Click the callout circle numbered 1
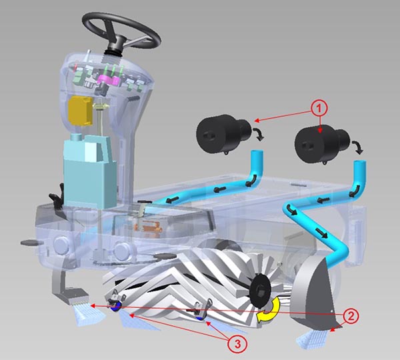(x=319, y=109)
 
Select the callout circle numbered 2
(x=351, y=317)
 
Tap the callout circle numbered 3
(x=237, y=344)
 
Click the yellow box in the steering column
(x=80, y=110)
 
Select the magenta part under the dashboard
(x=109, y=80)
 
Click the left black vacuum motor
(x=225, y=133)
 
